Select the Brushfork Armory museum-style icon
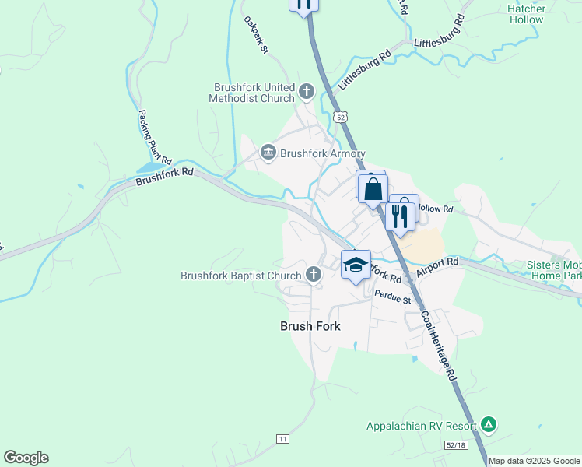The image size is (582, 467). pos(268,151)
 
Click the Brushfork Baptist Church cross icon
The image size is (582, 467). pos(313,273)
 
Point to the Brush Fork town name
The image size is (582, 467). pos(310,327)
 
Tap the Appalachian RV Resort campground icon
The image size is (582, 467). pos(488,425)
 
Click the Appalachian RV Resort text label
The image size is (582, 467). pos(422,427)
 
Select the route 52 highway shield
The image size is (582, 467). pos(340,116)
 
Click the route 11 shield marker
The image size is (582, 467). pos(282,439)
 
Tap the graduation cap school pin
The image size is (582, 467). pos(356,265)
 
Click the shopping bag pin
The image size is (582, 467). pos(373,188)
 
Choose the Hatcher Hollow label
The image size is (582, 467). pos(527,14)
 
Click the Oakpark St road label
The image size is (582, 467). pos(255,35)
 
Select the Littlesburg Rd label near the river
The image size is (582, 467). pos(364,70)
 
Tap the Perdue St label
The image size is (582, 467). pos(392,295)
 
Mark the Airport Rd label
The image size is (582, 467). pos(437,267)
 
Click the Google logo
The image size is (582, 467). pos(26,458)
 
